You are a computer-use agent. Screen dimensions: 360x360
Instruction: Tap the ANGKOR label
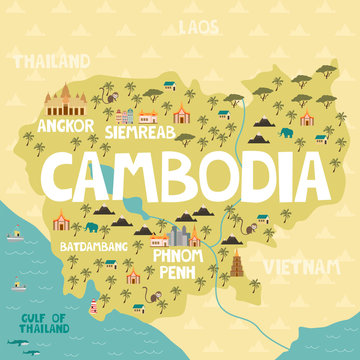(x=64, y=126)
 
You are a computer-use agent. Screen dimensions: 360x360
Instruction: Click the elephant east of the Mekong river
(x=287, y=131)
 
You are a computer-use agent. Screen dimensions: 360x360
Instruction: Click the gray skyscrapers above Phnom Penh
(x=181, y=235)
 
